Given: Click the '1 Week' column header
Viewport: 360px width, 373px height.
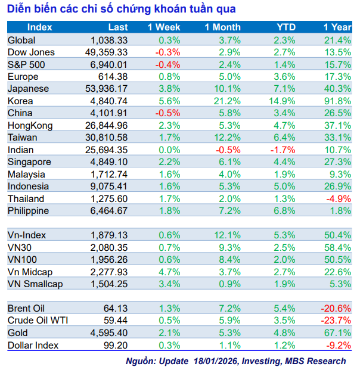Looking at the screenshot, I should pos(164,27).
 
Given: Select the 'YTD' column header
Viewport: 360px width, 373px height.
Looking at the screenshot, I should pos(286,27).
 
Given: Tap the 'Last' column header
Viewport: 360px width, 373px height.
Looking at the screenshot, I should pos(118,27).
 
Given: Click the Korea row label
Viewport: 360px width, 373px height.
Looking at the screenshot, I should pos(20,101).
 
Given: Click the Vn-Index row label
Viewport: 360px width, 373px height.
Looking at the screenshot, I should pos(27,235).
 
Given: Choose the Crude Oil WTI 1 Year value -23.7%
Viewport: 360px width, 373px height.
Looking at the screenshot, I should pos(336,321).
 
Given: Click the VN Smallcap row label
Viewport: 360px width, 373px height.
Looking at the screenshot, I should pos(35,284).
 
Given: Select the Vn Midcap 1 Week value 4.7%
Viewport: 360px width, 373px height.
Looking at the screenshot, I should pos(170,272).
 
